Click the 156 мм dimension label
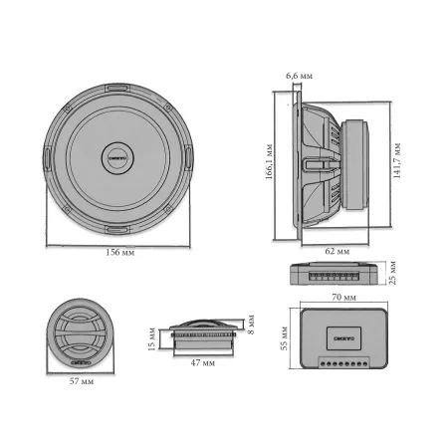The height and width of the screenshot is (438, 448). point(119,253)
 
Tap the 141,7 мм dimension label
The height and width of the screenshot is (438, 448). point(397,159)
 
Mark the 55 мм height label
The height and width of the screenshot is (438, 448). point(284,343)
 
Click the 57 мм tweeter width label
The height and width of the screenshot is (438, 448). point(83,381)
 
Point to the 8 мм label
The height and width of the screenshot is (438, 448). point(252,326)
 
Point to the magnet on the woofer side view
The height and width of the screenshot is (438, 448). point(356,159)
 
